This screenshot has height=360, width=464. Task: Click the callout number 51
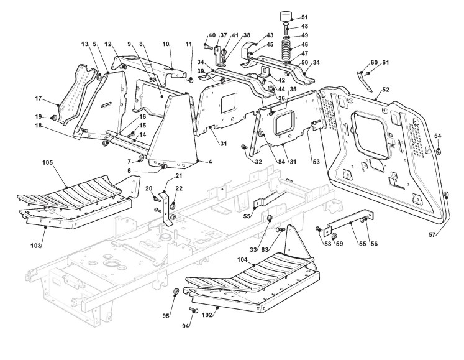coord(304,17)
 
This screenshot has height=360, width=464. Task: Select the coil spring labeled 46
coord(286,47)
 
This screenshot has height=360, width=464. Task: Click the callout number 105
coord(47,163)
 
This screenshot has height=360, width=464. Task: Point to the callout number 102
coord(207,315)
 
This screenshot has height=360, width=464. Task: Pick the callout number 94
coord(186,326)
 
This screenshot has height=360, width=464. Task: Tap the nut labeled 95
coord(175,292)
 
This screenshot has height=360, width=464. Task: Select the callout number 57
coord(432,235)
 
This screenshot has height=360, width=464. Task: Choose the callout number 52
coord(386,90)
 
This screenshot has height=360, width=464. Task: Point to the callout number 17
coord(39,98)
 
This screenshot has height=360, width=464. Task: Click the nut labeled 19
coord(53,118)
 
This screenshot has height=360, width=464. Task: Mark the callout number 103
coord(35,246)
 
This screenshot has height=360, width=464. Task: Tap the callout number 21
coord(179,176)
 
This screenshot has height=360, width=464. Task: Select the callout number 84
coord(281,162)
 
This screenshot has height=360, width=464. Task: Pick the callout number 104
coord(242,259)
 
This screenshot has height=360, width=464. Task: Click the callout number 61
coord(385,63)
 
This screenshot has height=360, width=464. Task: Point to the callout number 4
coord(210,162)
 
